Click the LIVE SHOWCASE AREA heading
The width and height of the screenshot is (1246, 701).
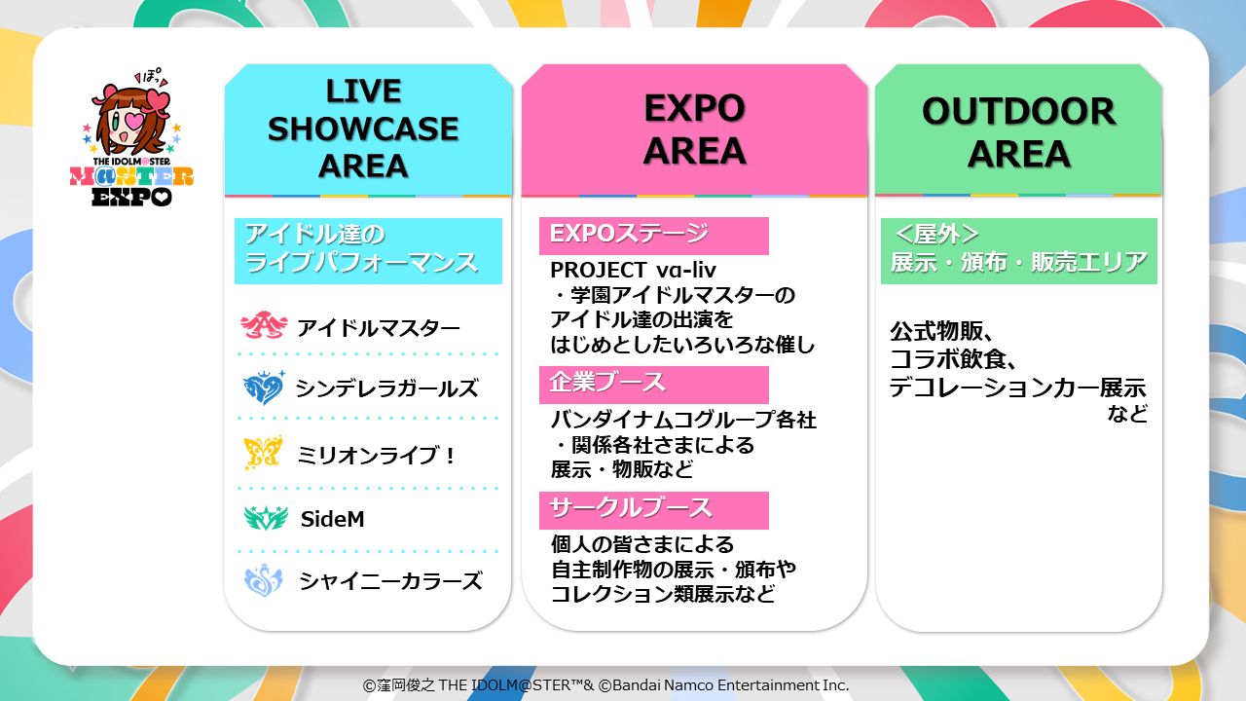tap(363, 129)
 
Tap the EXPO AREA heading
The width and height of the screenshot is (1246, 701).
tap(694, 129)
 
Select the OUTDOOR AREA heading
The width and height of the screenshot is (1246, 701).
tap(1018, 132)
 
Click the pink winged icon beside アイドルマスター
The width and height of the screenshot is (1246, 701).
tap(264, 325)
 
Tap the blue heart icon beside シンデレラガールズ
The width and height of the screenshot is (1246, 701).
tap(264, 387)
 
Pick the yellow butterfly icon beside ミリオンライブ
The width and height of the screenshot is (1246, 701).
tap(263, 453)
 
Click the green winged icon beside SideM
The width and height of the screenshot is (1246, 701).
tap(266, 517)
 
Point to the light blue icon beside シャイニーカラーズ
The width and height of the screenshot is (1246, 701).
tap(264, 580)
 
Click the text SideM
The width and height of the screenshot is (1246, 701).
tap(333, 519)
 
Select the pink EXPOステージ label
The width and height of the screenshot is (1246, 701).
tap(653, 236)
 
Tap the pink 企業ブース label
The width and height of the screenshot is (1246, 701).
tap(653, 385)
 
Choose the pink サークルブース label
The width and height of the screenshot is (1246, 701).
tap(653, 510)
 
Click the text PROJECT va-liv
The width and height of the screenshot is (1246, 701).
tap(633, 271)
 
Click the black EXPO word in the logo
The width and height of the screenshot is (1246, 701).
tap(131, 197)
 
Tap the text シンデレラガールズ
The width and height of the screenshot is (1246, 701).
tap(386, 388)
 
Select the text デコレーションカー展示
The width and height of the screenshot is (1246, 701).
tap(1017, 387)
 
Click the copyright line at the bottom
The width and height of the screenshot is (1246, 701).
tap(605, 684)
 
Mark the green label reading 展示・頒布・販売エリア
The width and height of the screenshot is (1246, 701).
tap(1019, 251)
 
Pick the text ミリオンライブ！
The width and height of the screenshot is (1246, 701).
tap(377, 456)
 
